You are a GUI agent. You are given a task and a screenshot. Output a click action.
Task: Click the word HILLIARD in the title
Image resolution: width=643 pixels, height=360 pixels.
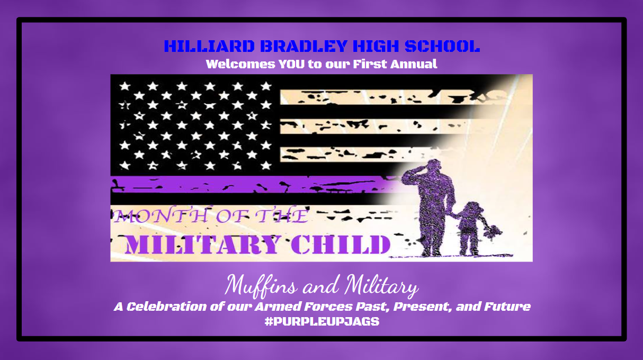[209, 46]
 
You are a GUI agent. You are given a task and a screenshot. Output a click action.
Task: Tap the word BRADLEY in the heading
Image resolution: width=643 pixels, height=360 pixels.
[304, 46]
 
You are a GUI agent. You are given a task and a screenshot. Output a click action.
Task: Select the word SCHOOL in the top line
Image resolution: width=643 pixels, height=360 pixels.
[442, 46]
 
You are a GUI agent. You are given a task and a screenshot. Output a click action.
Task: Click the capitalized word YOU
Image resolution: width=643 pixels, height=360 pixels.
[292, 64]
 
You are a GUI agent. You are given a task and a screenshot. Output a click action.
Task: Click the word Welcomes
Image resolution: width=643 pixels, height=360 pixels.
[240, 64]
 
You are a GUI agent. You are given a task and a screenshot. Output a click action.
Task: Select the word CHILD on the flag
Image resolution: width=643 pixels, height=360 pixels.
[341, 245]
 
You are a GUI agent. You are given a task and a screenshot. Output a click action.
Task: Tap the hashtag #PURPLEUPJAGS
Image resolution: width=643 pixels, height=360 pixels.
[322, 321]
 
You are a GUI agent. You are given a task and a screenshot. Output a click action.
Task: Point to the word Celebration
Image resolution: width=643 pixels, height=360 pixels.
[166, 307]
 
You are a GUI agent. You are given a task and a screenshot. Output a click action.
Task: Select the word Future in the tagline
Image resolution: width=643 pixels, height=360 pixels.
[507, 307]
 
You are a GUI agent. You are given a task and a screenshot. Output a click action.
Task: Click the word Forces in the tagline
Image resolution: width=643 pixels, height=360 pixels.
[328, 307]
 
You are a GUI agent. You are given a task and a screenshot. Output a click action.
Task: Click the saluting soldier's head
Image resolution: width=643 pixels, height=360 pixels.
[433, 167]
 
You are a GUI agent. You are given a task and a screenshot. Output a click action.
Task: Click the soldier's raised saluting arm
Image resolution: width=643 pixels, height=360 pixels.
[413, 176]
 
